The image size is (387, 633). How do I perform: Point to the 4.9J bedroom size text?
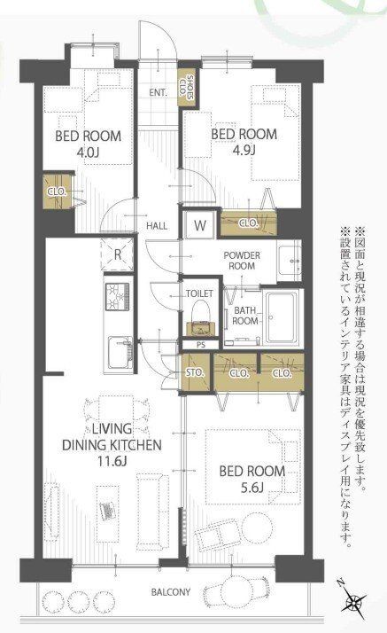click(244, 148)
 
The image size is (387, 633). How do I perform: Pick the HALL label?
click(158, 225)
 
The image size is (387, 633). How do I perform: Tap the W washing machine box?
click(201, 225)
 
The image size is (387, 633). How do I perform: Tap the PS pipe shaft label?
click(199, 345)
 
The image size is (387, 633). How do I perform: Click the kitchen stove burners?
click(118, 294)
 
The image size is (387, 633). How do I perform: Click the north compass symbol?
click(356, 606)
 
